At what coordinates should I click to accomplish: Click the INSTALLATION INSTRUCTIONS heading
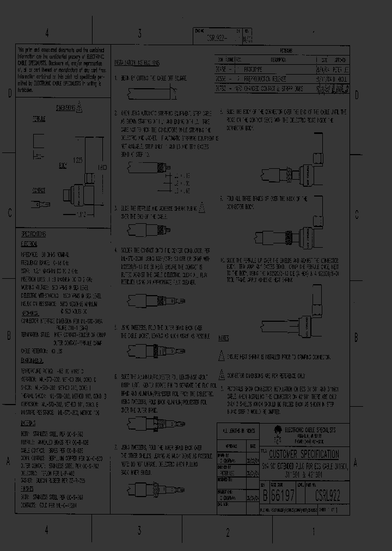pyautogui.click(x=137, y=63)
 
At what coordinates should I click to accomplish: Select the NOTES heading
pyautogui.click(x=223, y=338)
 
